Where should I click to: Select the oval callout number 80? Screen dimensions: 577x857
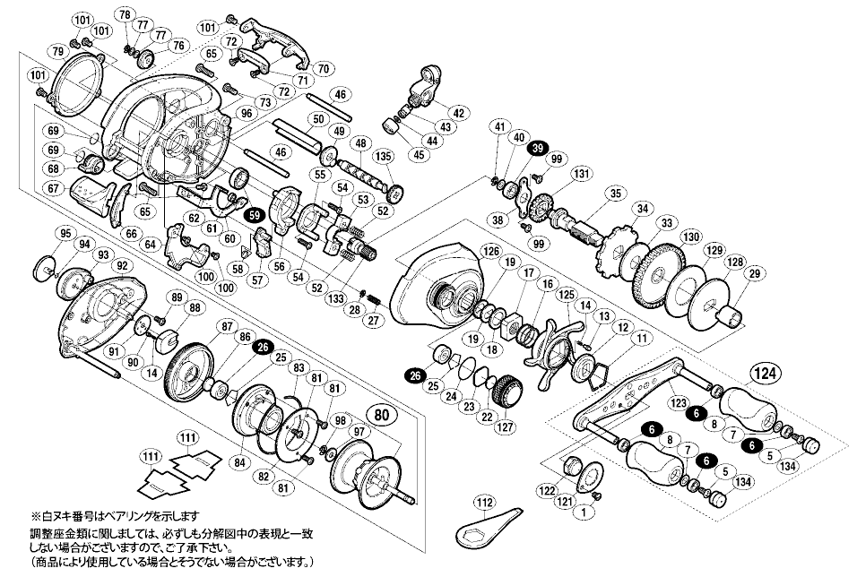(381, 415)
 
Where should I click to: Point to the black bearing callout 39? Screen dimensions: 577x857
(538, 149)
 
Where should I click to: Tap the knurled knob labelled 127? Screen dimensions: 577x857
(507, 392)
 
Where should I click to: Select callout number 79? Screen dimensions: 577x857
(57, 51)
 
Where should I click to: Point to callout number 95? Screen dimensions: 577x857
(64, 234)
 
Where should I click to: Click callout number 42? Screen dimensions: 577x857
(458, 113)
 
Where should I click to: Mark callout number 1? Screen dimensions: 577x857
(586, 512)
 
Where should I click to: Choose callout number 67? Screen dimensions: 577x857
(54, 188)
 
